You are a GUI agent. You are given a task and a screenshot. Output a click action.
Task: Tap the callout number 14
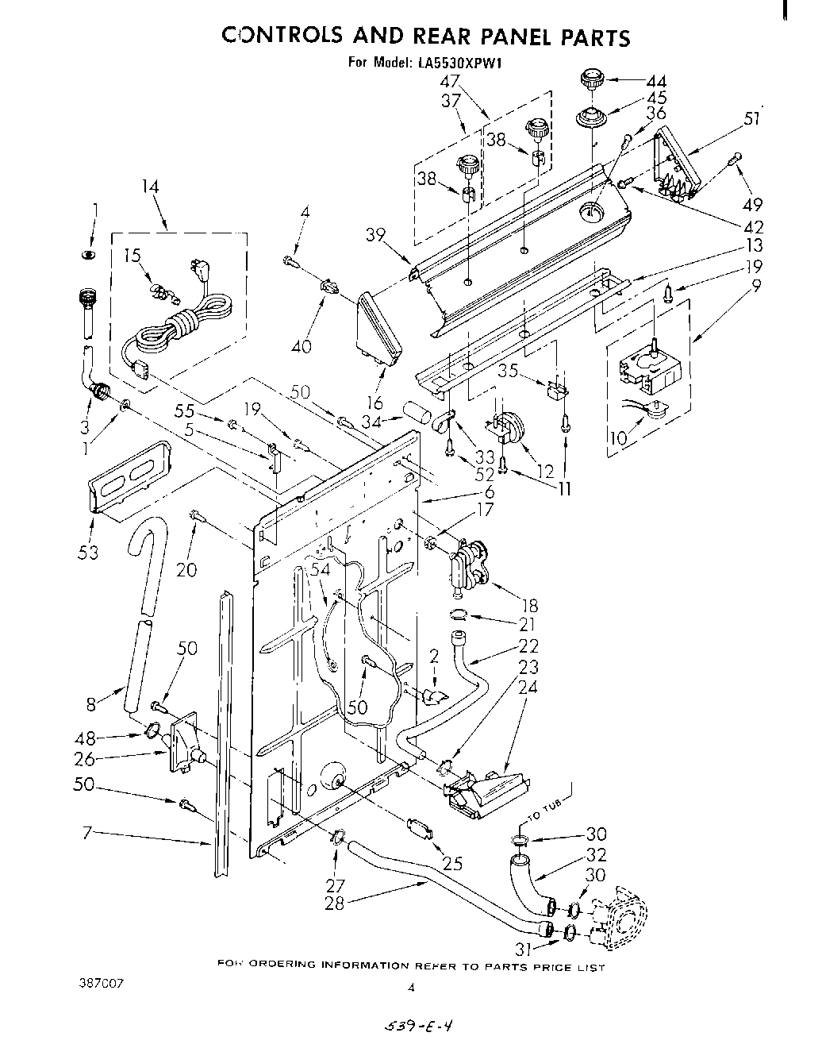[150, 187]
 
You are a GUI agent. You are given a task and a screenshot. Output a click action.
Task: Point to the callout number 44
[656, 81]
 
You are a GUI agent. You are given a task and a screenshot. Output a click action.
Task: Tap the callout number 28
[334, 903]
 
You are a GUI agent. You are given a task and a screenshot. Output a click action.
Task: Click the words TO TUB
[546, 815]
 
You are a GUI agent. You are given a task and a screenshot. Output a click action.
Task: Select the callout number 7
[90, 832]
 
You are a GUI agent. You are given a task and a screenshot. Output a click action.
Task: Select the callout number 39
[376, 233]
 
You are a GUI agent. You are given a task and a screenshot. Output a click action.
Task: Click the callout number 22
[528, 645]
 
